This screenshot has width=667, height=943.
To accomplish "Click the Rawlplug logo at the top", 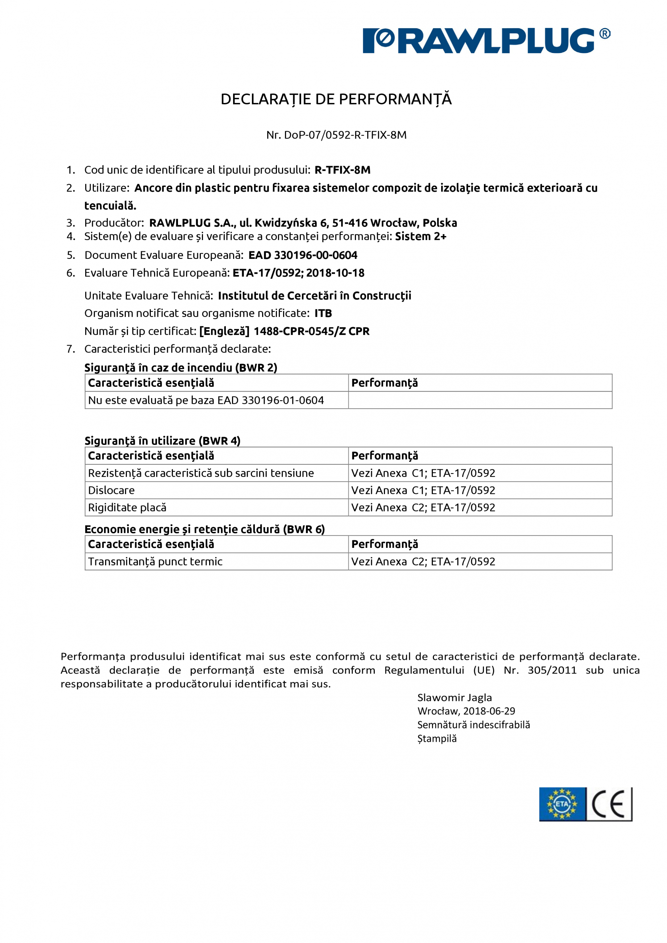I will coord(486,41).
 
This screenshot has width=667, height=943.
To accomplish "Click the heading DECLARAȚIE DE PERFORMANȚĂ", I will coord(336,99).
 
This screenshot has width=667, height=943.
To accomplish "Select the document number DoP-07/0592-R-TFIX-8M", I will coord(345,135).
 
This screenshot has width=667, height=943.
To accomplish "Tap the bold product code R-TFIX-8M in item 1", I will coord(342,170).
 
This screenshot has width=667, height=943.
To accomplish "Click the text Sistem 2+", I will coord(420,237).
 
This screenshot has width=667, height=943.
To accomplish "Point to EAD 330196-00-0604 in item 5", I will coord(303,256).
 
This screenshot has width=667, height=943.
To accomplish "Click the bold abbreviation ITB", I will coord(323,313).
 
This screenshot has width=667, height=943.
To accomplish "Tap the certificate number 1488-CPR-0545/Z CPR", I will coord(311,331).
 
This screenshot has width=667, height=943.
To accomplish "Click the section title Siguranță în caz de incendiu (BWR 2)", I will coord(181,368).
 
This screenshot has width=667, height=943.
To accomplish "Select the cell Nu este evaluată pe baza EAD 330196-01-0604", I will coord(206,401).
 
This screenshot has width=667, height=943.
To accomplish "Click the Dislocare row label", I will coord(111,491).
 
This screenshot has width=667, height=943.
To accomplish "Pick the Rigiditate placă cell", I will coord(127,508).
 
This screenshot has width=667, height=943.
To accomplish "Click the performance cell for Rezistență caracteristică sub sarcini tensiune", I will coord(423,473).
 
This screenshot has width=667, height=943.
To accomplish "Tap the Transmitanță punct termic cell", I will coord(155,562).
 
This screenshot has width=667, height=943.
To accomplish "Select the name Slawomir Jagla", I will coord(454,698).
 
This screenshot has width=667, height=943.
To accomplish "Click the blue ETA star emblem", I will coord(562,804).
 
